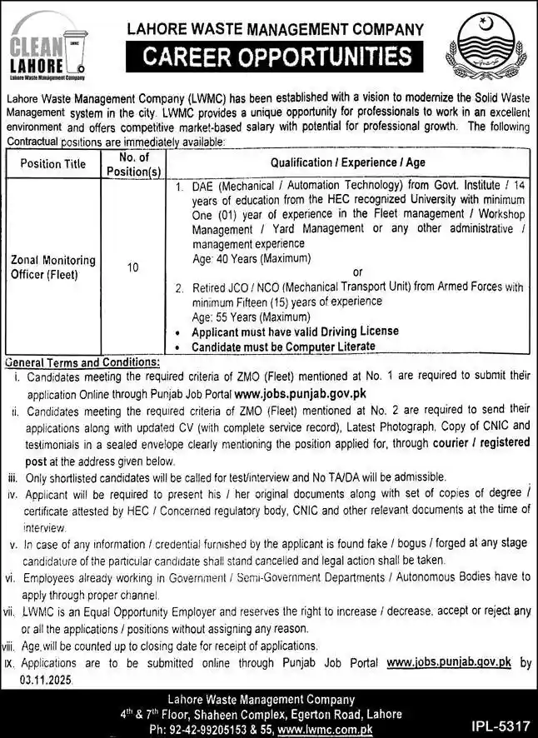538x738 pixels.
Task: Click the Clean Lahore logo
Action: tap(47, 51)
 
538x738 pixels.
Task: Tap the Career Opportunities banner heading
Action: tap(275, 57)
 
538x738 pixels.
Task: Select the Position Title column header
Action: tap(52, 163)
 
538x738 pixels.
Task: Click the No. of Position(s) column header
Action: tap(133, 163)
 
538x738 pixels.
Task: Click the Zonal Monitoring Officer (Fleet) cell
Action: tap(53, 267)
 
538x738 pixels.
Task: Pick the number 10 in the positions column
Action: tap(133, 267)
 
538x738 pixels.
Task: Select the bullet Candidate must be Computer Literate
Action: tap(283, 346)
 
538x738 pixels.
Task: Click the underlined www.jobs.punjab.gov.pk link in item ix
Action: tap(448, 662)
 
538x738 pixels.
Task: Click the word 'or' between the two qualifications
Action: tap(358, 272)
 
